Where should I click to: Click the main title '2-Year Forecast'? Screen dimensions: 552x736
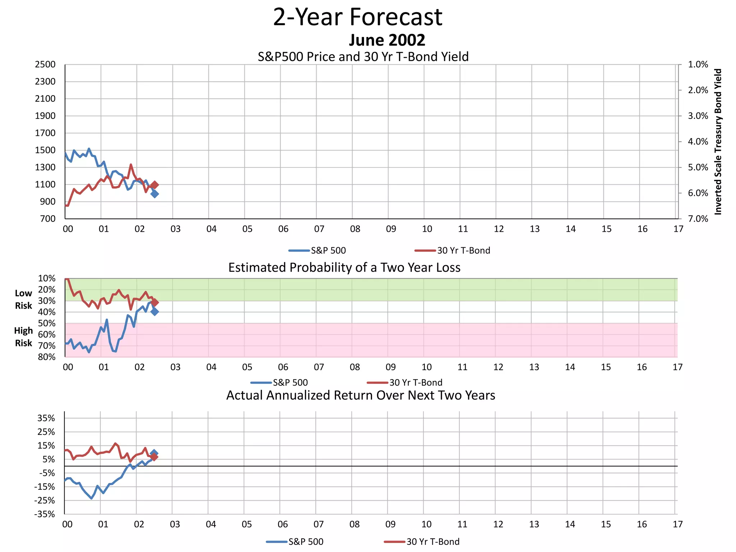pyautogui.click(x=358, y=17)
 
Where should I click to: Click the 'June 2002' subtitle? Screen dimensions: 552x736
pyautogui.click(x=387, y=40)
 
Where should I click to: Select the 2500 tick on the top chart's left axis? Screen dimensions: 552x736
pyautogui.click(x=45, y=65)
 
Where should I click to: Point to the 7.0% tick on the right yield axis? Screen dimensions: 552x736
pyautogui.click(x=698, y=219)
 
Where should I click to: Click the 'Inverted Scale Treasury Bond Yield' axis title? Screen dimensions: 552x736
pyautogui.click(x=718, y=142)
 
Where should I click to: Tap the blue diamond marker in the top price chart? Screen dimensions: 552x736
pyautogui.click(x=155, y=194)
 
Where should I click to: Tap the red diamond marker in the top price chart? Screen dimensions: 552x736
pyautogui.click(x=155, y=185)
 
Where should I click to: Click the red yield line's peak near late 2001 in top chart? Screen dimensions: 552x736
pyautogui.click(x=131, y=165)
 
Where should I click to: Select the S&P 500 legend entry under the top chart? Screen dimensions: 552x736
pyautogui.click(x=317, y=250)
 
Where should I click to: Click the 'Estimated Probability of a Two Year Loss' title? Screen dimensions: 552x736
pyautogui.click(x=344, y=268)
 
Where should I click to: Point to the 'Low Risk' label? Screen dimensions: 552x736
pyautogui.click(x=23, y=299)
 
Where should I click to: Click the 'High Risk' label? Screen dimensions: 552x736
pyautogui.click(x=23, y=337)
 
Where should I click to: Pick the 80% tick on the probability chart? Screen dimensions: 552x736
pyautogui.click(x=47, y=357)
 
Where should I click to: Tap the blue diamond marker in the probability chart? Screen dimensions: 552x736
pyautogui.click(x=155, y=312)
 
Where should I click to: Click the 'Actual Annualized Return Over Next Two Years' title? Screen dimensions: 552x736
pyautogui.click(x=360, y=395)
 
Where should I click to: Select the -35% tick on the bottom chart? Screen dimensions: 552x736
pyautogui.click(x=45, y=514)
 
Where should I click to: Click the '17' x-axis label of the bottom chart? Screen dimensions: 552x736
pyautogui.click(x=677, y=524)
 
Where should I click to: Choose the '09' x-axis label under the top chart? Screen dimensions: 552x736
pyautogui.click(x=391, y=229)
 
